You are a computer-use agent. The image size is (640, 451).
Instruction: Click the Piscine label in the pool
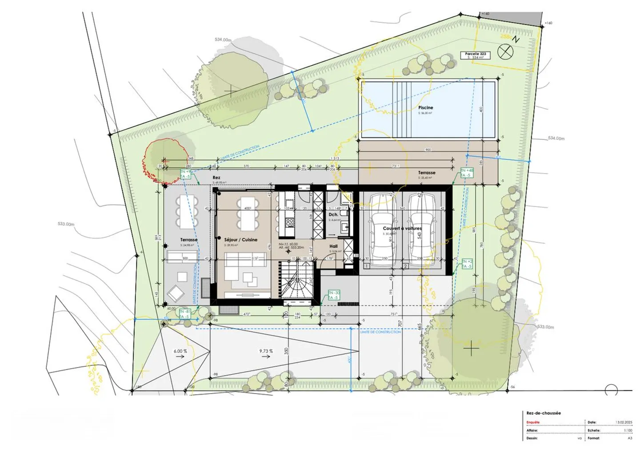425,107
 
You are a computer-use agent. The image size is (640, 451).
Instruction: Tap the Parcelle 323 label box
475,55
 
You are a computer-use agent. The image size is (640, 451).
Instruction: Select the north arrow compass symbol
505,51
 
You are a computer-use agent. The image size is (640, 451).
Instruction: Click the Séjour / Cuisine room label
240,240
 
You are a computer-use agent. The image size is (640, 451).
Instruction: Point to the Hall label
333,246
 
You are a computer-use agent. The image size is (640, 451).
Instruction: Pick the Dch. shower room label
333,214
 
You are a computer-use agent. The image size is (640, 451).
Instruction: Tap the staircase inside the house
296,280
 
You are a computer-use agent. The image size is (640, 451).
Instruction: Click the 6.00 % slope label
180,351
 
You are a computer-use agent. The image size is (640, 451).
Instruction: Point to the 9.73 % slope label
266,351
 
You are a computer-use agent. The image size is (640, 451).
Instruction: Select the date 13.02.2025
624,423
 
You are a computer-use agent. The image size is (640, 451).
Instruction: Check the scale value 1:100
628,431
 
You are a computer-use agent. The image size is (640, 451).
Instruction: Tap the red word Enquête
533,423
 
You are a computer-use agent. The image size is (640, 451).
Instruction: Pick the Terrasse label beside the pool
426,173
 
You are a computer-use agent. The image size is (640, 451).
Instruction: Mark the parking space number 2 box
405,266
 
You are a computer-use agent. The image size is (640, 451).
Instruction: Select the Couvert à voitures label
402,228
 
